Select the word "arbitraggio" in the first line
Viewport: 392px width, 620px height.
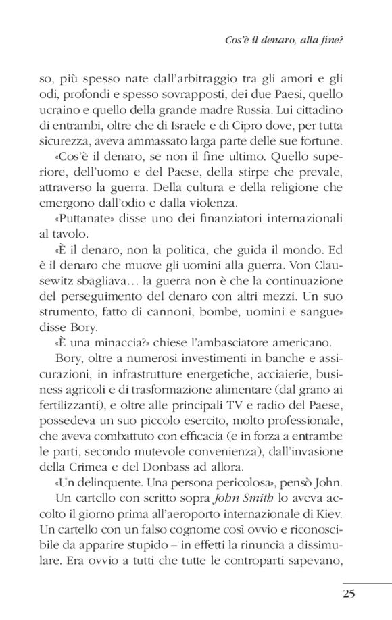click(174, 83)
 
